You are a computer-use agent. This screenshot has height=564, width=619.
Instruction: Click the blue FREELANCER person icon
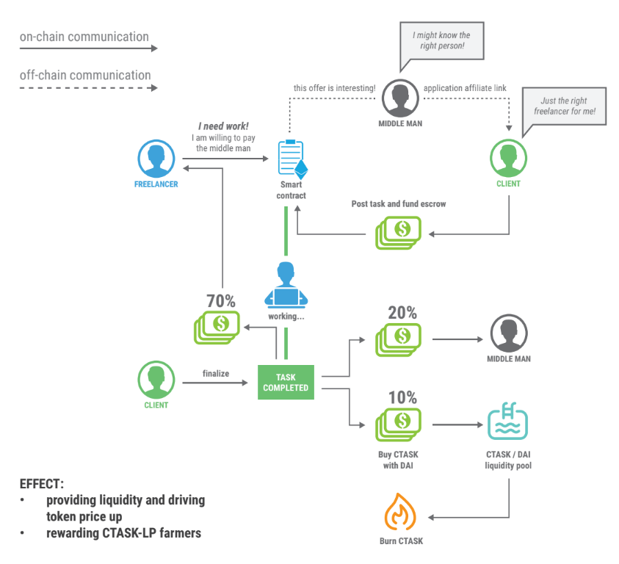156,158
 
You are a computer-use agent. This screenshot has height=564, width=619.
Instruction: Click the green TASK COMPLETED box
286,382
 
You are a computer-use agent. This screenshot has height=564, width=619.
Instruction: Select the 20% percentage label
402,312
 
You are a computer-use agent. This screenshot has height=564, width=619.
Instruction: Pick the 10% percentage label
402,398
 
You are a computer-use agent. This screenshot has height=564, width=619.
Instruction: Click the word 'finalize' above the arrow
216,374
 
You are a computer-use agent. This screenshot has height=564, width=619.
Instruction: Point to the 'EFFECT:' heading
42,485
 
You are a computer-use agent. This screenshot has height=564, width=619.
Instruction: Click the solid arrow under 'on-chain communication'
88,48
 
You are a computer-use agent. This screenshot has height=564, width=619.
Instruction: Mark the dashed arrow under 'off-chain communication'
88,87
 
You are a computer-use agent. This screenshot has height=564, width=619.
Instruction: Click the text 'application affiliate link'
465,88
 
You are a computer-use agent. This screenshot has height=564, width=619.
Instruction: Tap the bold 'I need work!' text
222,126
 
